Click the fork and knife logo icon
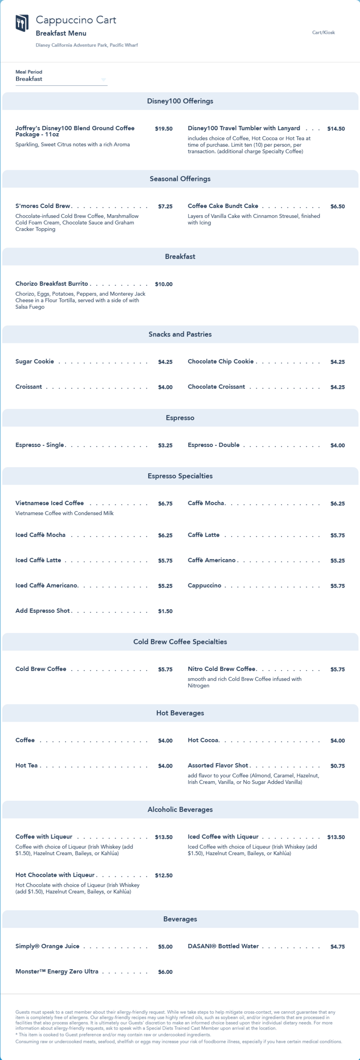point(22,22)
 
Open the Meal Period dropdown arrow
point(104,80)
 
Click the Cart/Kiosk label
point(323,33)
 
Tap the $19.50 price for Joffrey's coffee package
point(164,129)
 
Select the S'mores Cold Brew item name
point(43,206)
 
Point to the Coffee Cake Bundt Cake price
point(337,207)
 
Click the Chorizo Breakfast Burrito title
point(52,284)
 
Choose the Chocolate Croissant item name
point(216,387)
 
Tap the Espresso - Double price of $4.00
point(337,446)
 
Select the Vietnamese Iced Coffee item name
point(50,503)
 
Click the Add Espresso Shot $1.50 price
point(165,612)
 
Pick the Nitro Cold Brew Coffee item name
point(222,669)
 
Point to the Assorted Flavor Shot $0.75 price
point(337,766)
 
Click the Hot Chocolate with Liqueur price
point(164,876)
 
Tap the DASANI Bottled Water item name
point(223,947)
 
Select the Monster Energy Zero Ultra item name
point(57,972)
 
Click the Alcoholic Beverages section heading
point(180,810)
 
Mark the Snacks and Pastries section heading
point(180,335)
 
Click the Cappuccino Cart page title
point(76,20)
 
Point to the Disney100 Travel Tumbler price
point(336,129)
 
